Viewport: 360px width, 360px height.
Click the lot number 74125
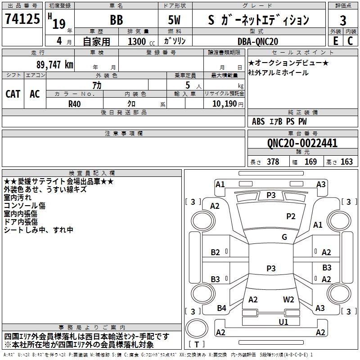[x=22, y=19]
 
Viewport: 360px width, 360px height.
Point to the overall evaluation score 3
[x=343, y=20]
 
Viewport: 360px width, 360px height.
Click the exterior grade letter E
[x=335, y=41]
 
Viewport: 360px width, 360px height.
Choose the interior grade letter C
[x=350, y=41]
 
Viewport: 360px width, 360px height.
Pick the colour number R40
[x=75, y=103]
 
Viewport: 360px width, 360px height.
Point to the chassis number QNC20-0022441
[x=302, y=143]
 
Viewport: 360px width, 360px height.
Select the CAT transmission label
[x=13, y=94]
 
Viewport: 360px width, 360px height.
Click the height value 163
[x=346, y=162]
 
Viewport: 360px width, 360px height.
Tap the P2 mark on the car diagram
[x=291, y=216]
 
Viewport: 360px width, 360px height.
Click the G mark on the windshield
[x=284, y=237]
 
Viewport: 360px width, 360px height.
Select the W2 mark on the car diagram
[x=288, y=300]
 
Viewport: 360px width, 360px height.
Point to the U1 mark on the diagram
[x=283, y=322]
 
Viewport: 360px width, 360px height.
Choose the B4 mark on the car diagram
[x=221, y=308]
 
